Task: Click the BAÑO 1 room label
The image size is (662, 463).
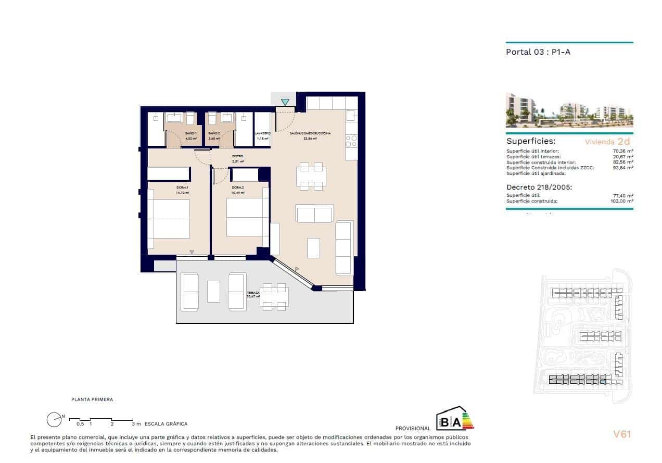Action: (191, 134)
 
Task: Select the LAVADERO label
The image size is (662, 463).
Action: (262, 134)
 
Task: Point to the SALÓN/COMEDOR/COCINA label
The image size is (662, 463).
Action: (310, 134)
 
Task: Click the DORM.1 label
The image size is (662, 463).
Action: (182, 187)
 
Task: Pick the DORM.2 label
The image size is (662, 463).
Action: (238, 187)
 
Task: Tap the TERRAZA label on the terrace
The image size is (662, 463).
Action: (253, 293)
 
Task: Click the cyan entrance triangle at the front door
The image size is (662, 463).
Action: (285, 102)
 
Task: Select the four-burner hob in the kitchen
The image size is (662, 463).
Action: (351, 141)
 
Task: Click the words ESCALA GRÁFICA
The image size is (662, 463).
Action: (166, 424)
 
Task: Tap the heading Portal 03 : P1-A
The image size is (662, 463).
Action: (539, 52)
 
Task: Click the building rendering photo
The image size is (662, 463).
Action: (569, 110)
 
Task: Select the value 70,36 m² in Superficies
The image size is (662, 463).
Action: (623, 151)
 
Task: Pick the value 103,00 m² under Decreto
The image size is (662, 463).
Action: (622, 201)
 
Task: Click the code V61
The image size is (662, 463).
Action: (622, 434)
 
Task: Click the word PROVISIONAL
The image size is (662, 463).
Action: (413, 429)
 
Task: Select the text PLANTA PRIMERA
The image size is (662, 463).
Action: (92, 399)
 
